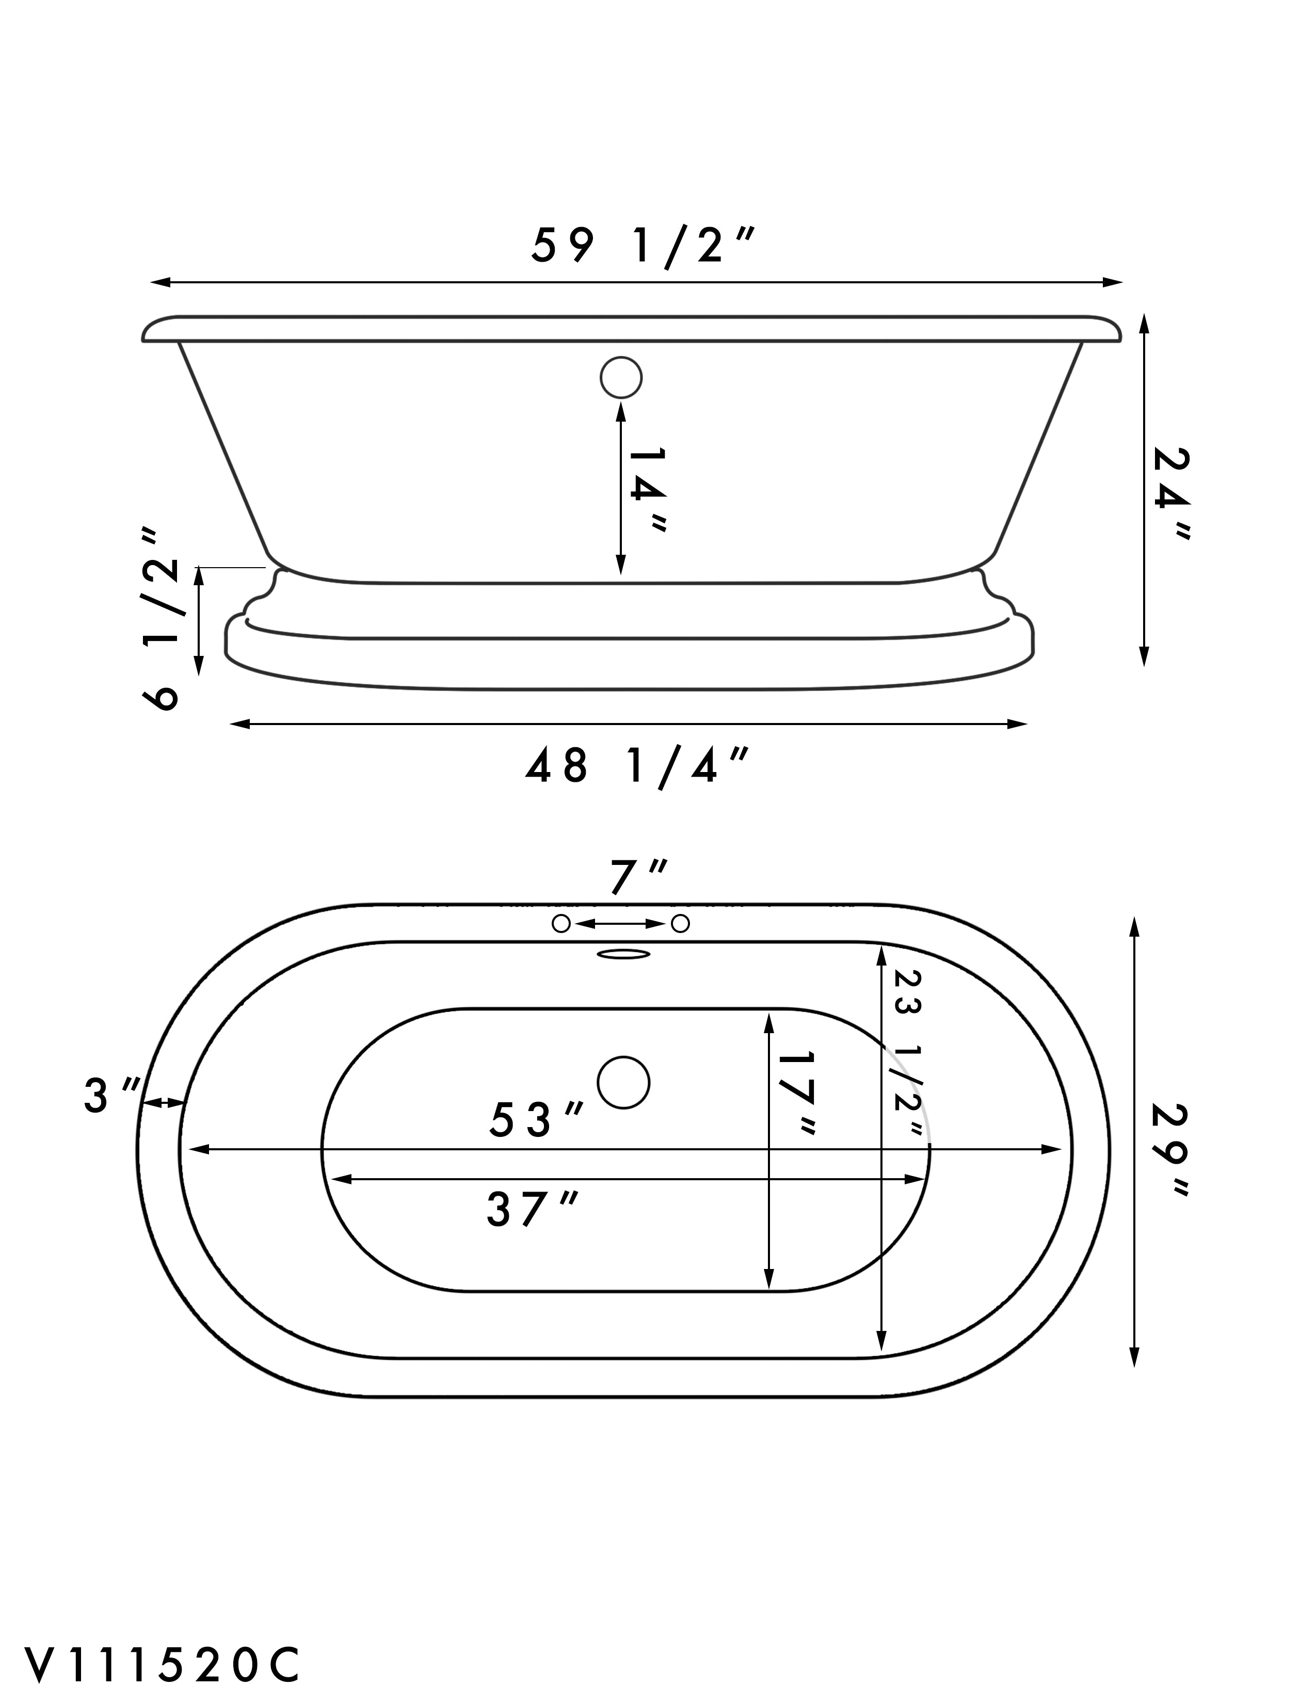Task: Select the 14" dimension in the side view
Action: coord(647,490)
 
